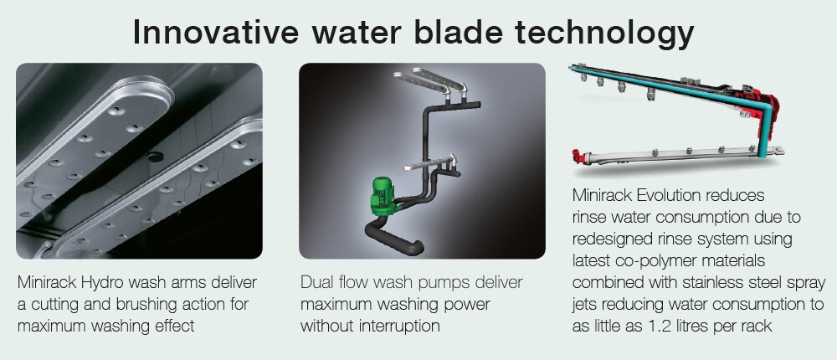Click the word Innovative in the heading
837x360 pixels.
tap(216, 32)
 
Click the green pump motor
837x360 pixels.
tap(383, 196)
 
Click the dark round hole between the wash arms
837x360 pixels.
tap(155, 157)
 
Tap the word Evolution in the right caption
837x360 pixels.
tap(665, 196)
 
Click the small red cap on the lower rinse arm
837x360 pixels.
tap(577, 156)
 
